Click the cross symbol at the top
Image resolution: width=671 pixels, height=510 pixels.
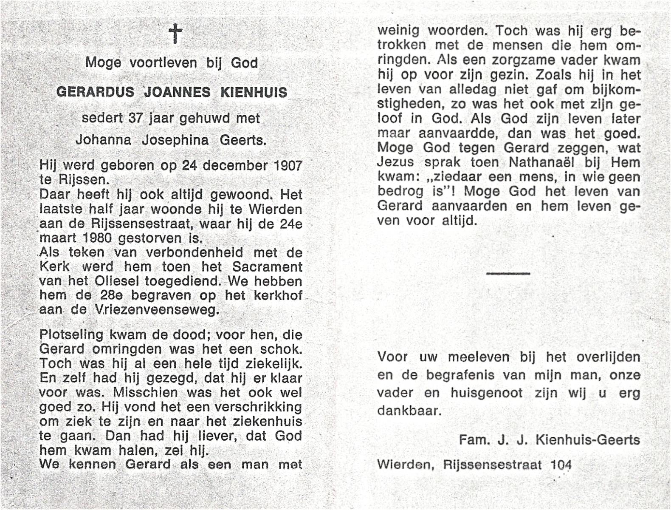click(175, 34)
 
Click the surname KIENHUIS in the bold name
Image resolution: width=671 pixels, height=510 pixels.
click(254, 92)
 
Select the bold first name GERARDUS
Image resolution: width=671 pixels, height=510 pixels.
click(96, 92)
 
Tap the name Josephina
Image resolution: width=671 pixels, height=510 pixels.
click(175, 140)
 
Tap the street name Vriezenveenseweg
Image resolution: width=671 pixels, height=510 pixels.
click(155, 310)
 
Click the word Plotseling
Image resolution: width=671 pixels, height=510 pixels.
click(71, 335)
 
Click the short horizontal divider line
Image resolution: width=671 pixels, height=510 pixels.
click(508, 274)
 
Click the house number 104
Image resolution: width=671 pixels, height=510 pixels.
click(561, 465)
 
